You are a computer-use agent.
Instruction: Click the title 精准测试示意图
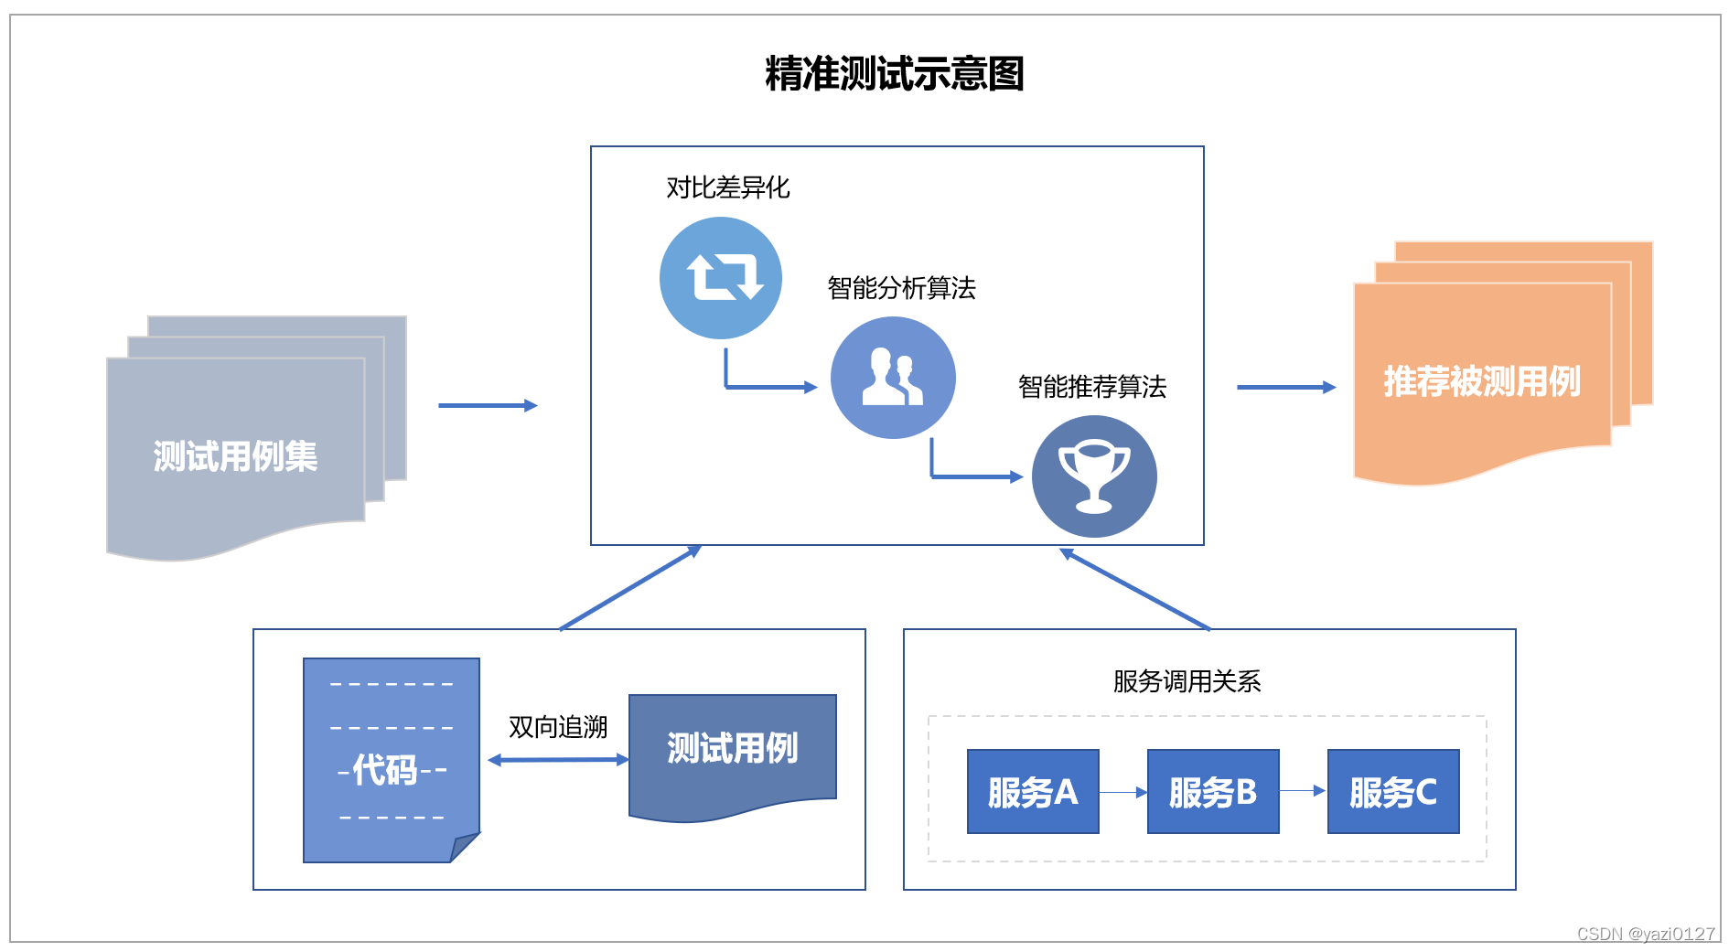pyautogui.click(x=894, y=74)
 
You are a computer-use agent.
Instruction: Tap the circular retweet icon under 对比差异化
pyautogui.click(x=721, y=277)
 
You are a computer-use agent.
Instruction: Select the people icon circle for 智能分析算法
pyautogui.click(x=893, y=378)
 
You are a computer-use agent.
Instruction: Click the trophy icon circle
pyautogui.click(x=1094, y=476)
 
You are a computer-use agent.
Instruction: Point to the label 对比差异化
pyautogui.click(x=727, y=187)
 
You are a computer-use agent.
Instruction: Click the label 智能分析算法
pyautogui.click(x=901, y=288)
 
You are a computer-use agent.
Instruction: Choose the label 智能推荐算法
pyautogui.click(x=1092, y=387)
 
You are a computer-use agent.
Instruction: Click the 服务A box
pyautogui.click(x=1033, y=792)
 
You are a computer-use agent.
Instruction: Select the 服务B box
pyautogui.click(x=1213, y=792)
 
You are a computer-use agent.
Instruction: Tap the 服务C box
pyautogui.click(x=1393, y=792)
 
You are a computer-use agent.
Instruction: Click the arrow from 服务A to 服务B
pyautogui.click(x=1122, y=792)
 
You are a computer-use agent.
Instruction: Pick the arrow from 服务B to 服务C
pyautogui.click(x=1303, y=791)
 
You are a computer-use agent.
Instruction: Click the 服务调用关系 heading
pyautogui.click(x=1187, y=681)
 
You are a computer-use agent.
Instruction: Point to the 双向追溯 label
pyautogui.click(x=558, y=727)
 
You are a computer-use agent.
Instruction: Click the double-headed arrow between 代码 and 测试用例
pyautogui.click(x=558, y=760)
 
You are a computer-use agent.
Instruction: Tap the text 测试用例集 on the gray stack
pyautogui.click(x=235, y=456)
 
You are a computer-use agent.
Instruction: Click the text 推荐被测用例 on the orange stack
pyautogui.click(x=1482, y=381)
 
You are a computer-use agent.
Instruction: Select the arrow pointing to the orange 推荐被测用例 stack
pyautogui.click(x=1285, y=388)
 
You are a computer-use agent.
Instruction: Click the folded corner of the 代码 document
pyautogui.click(x=465, y=847)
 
